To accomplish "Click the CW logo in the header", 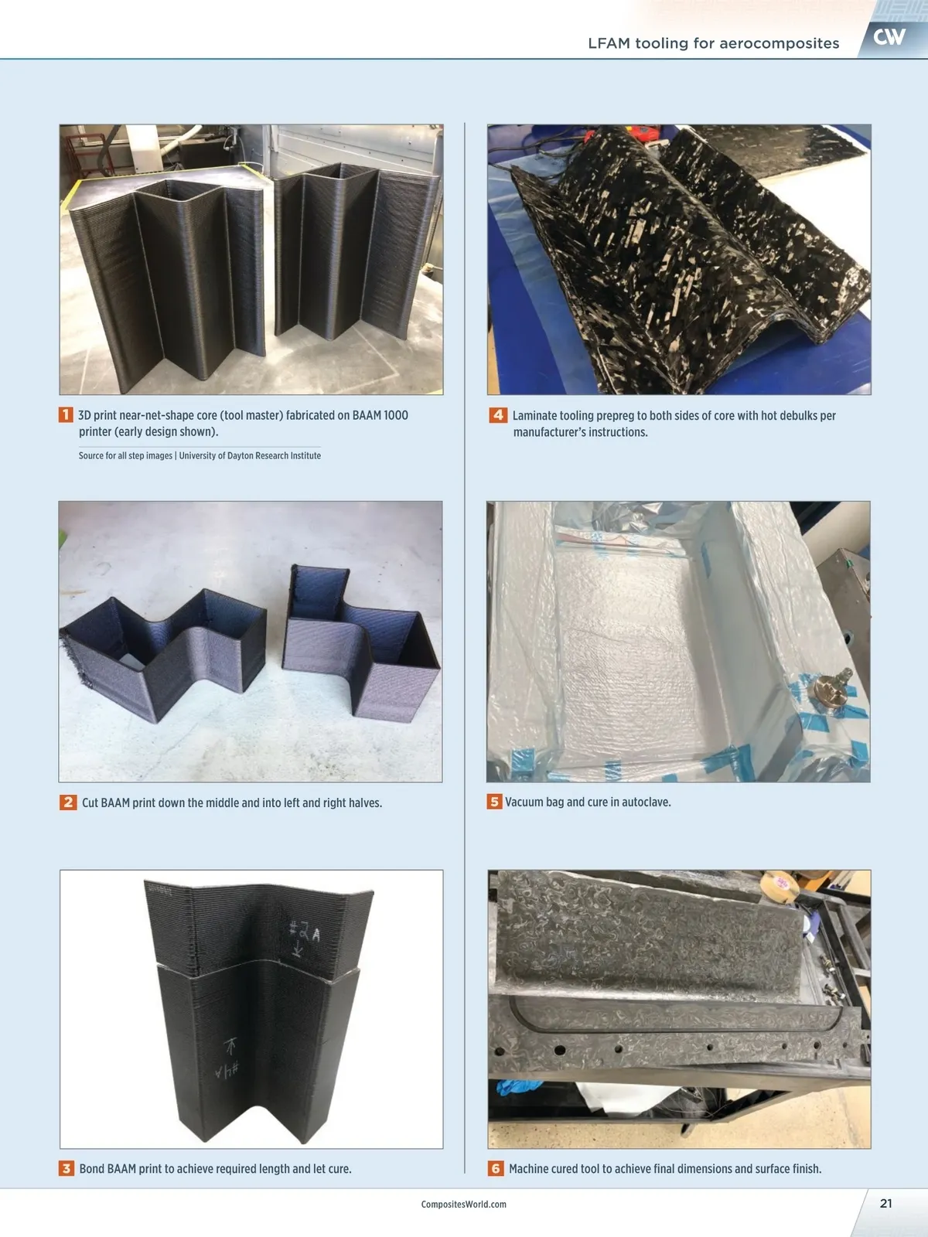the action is [x=889, y=37].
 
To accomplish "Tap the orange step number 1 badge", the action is [x=66, y=414].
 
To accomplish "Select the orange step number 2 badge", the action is [x=67, y=802].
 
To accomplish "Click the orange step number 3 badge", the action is [x=67, y=1168].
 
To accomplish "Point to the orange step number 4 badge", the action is [x=497, y=415].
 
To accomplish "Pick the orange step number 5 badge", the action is [x=494, y=802].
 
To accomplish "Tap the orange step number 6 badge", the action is [x=495, y=1168].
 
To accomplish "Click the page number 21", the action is [x=885, y=1203].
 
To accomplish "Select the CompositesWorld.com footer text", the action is [x=464, y=1205].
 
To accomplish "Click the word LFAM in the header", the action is [x=609, y=43].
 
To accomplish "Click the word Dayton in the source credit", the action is [x=240, y=455].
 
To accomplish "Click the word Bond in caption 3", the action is [x=92, y=1169].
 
